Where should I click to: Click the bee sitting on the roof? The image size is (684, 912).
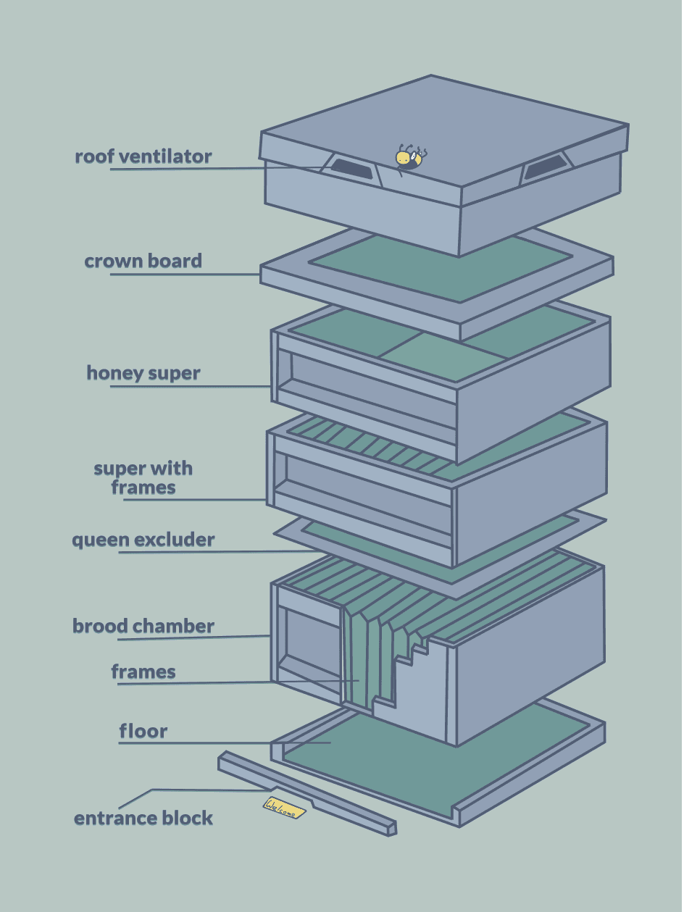411,159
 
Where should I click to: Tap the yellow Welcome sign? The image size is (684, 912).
284,808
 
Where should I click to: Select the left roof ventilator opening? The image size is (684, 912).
352,168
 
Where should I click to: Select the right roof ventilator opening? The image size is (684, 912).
546,167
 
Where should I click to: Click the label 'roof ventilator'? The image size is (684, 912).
143,156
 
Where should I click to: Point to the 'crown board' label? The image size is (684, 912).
143,261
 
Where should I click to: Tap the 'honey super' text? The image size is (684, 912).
143,373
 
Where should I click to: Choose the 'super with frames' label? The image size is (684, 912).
143,478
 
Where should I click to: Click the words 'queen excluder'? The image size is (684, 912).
143,540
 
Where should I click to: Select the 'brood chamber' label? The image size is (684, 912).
143,626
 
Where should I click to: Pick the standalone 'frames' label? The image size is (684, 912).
143,672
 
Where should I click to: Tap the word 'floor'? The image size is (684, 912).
143,731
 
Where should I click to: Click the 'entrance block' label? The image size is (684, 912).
143,818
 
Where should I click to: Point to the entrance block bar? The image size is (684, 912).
307,794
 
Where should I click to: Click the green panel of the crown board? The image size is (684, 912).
441,268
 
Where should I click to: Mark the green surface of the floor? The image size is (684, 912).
436,761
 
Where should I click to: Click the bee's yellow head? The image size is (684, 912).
402,158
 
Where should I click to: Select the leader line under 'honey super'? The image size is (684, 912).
191,386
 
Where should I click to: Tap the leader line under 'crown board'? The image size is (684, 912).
185,275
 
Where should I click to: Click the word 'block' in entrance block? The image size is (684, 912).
188,818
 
